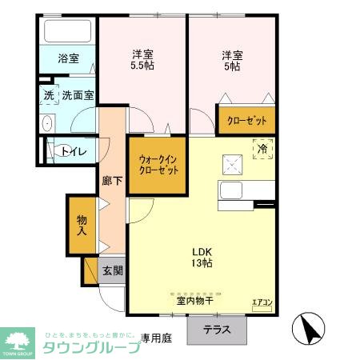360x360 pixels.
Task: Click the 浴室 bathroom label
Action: [68, 58]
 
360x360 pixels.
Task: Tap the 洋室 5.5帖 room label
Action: [143, 61]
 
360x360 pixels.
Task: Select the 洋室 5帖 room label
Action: [233, 61]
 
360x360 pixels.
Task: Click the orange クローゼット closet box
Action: [246, 120]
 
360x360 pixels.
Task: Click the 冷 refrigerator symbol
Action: [262, 148]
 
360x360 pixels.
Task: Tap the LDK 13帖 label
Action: [201, 256]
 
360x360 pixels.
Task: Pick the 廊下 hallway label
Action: [112, 181]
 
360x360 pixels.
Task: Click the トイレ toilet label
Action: [74, 150]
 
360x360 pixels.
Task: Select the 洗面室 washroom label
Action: [78, 95]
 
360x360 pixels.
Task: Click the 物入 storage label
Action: [82, 225]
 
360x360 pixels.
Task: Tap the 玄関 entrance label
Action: [113, 270]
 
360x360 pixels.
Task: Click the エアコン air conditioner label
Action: [262, 302]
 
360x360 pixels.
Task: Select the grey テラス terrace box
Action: [217, 329]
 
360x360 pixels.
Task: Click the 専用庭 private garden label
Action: [157, 338]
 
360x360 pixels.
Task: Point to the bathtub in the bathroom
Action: [68, 32]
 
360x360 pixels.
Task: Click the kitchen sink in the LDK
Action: [233, 192]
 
